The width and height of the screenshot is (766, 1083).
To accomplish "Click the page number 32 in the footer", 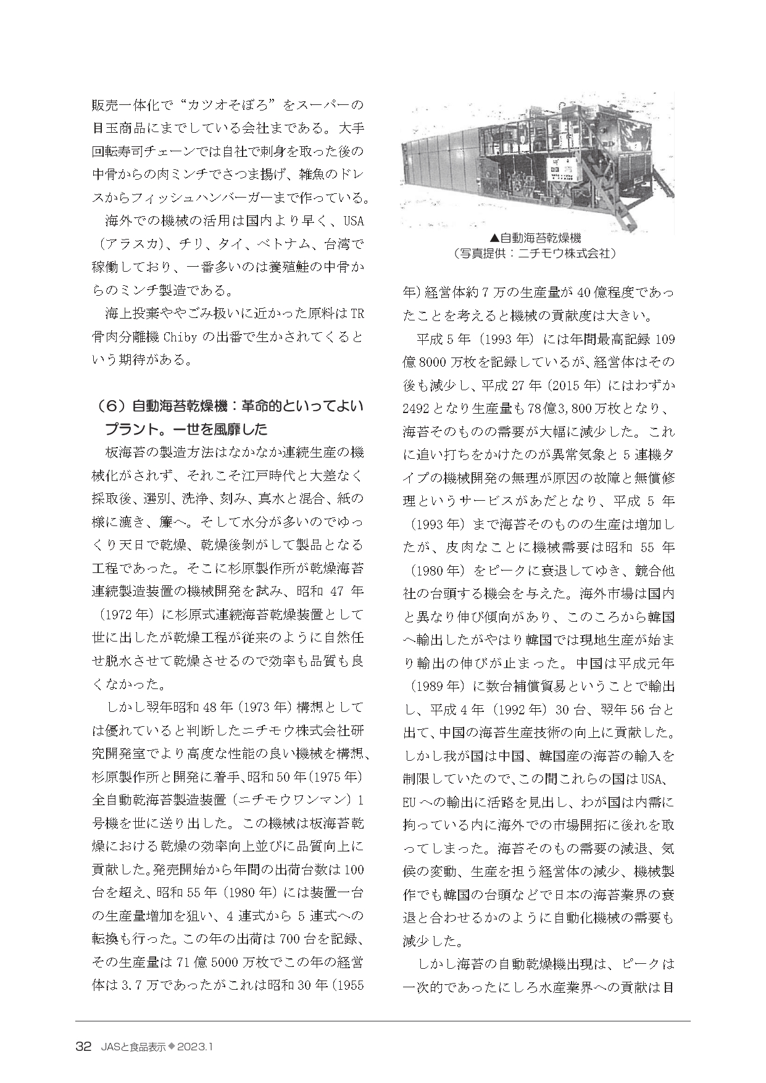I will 83,1046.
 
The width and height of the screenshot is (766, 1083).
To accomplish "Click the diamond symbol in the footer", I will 172,1046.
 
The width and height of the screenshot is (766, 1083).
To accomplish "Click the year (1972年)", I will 128,615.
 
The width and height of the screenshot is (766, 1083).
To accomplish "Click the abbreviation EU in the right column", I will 409,803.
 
